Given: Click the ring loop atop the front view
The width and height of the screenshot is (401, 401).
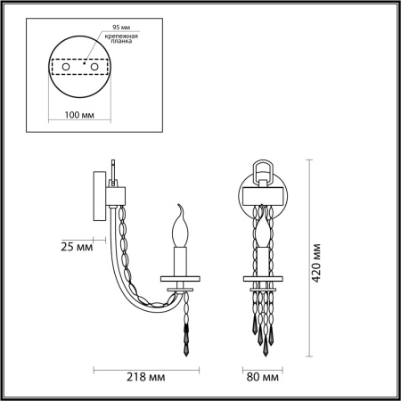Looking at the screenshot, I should [x=264, y=168].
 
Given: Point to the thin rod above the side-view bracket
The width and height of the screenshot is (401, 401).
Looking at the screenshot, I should [x=114, y=169].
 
